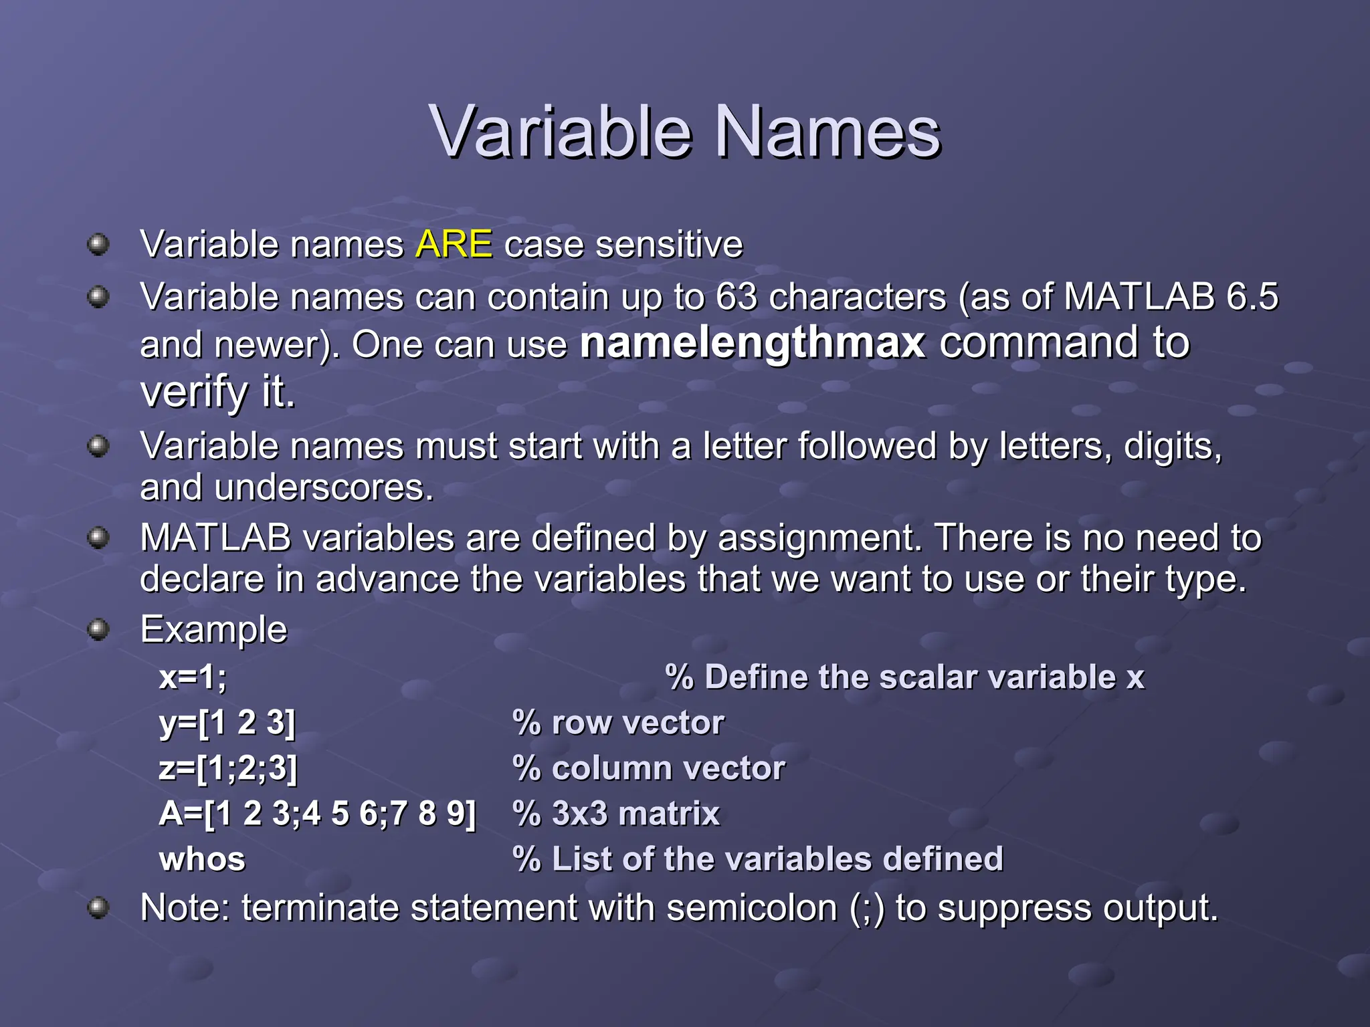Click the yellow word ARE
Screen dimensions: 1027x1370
click(x=454, y=244)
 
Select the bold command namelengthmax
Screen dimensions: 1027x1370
click(x=753, y=343)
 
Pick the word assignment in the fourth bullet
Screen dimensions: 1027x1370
click(x=816, y=538)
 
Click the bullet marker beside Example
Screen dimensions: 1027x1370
click(x=98, y=629)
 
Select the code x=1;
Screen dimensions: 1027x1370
click(x=193, y=677)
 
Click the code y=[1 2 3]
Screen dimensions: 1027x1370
click(x=227, y=723)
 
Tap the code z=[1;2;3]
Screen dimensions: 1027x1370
click(x=228, y=768)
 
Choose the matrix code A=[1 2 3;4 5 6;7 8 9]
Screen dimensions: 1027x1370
click(x=318, y=814)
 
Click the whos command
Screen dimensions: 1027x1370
click(x=202, y=859)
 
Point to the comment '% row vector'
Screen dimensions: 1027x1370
click(x=618, y=723)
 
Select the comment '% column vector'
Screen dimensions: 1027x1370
click(x=648, y=768)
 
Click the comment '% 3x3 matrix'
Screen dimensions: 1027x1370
click(x=616, y=814)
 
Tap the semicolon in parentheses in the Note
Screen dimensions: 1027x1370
click(x=867, y=909)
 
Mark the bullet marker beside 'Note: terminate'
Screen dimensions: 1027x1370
click(x=98, y=908)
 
